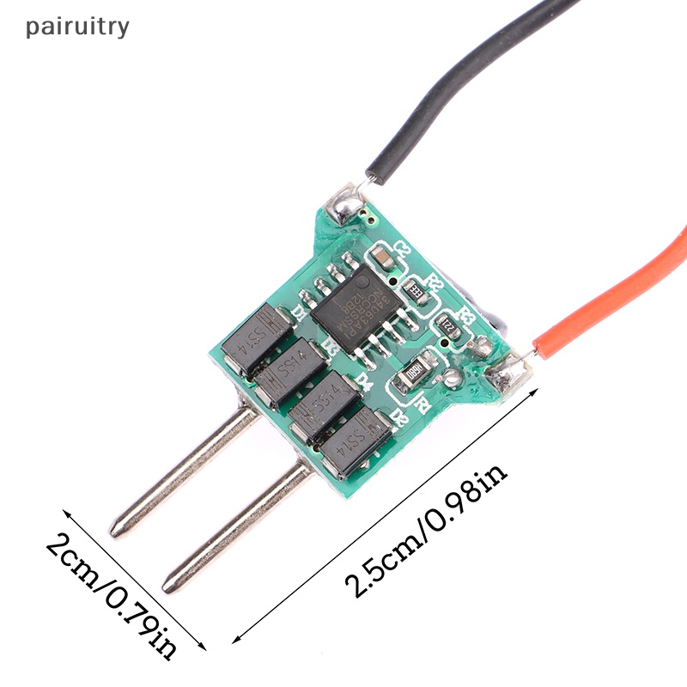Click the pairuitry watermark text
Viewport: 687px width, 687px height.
pos(77,26)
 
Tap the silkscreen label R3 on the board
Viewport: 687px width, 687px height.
pos(468,313)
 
